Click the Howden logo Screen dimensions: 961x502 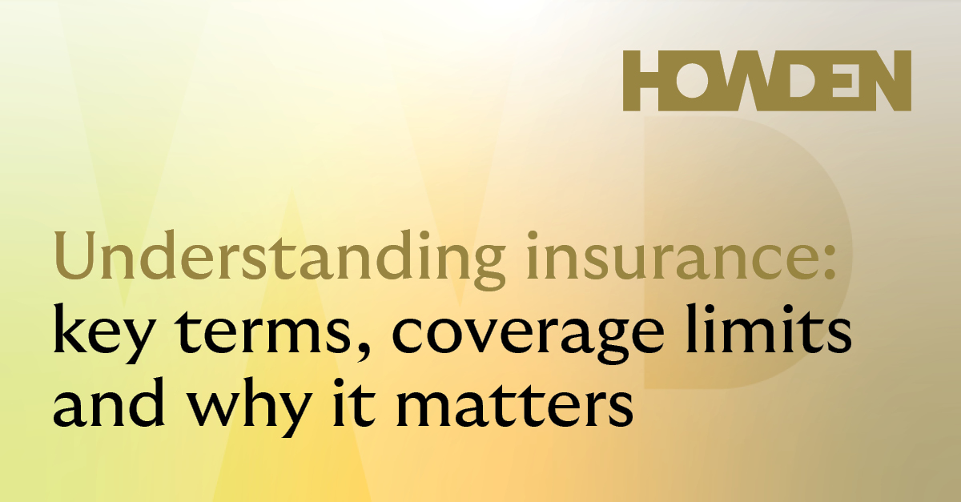(x=767, y=81)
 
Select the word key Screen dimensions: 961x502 (x=103, y=333)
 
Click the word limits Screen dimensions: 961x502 (x=769, y=328)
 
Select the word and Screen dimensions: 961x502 (x=109, y=402)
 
